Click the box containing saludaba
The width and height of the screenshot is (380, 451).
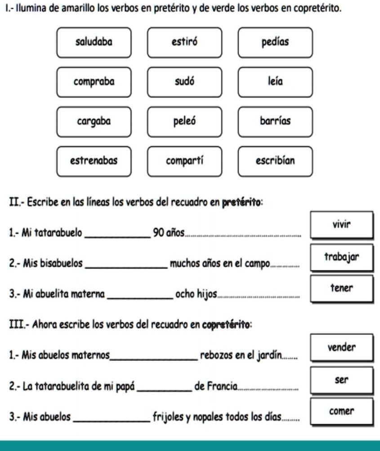pyautogui.click(x=94, y=43)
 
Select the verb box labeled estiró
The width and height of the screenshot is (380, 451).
pyautogui.click(x=184, y=43)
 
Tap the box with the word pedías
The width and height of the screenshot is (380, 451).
pyautogui.click(x=275, y=43)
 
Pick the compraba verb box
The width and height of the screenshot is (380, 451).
pyautogui.click(x=94, y=82)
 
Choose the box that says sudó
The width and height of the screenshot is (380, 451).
pyautogui.click(x=184, y=82)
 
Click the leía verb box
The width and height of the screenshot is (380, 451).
pyautogui.click(x=275, y=82)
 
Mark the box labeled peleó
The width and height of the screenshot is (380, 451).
pyautogui.click(x=184, y=121)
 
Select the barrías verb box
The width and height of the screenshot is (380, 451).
pyautogui.click(x=275, y=121)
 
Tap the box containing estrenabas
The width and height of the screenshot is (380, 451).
pyautogui.click(x=94, y=161)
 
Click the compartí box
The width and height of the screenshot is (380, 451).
pyautogui.click(x=184, y=161)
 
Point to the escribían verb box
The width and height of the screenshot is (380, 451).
pyautogui.click(x=275, y=161)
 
